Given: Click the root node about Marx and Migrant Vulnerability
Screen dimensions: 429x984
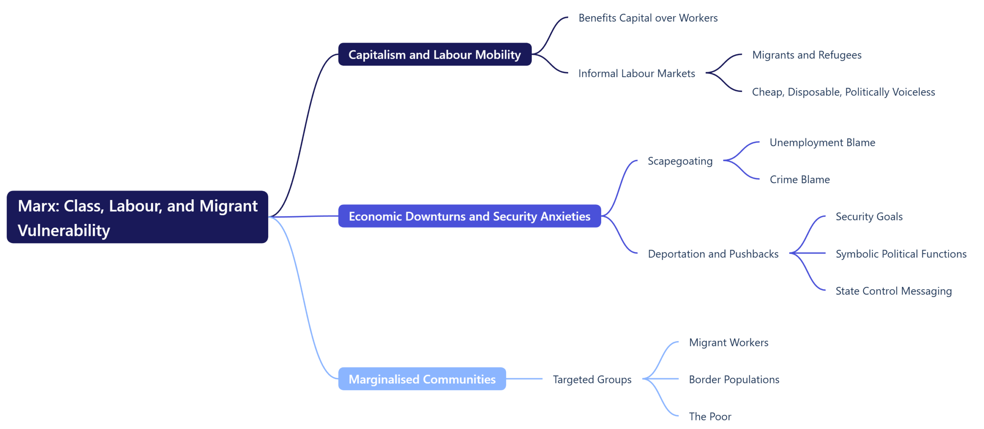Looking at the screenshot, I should (x=137, y=217).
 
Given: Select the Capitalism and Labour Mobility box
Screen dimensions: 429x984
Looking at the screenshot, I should (x=434, y=55).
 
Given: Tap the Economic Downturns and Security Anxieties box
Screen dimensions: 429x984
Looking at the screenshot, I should (x=469, y=216).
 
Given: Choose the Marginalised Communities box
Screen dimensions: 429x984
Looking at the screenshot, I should (x=422, y=379).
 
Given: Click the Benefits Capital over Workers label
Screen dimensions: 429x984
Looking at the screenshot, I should (x=648, y=18).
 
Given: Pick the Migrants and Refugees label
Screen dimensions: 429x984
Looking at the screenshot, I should (x=806, y=55).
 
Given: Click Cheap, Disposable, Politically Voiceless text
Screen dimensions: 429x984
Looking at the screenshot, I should (x=843, y=92).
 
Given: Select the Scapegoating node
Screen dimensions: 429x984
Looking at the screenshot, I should (x=680, y=161).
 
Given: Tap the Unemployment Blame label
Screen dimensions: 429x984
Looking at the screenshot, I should (x=822, y=142).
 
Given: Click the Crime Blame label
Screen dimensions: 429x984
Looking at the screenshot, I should (x=799, y=179).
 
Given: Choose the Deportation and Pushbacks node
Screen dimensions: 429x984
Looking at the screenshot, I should (x=713, y=254).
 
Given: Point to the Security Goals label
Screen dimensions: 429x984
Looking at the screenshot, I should (x=869, y=217).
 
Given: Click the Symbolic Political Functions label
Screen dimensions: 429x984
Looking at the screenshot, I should (x=901, y=254).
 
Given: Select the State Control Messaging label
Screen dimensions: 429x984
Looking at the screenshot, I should (x=893, y=291).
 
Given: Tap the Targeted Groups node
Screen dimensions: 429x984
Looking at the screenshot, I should (x=592, y=379).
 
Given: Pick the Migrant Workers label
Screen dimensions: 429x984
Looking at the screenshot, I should (x=728, y=342).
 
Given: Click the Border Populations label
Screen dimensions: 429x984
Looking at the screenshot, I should (x=733, y=379).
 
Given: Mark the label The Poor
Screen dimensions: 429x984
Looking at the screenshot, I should (x=710, y=416).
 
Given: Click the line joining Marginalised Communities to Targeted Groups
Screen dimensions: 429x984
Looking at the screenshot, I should (x=524, y=379).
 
